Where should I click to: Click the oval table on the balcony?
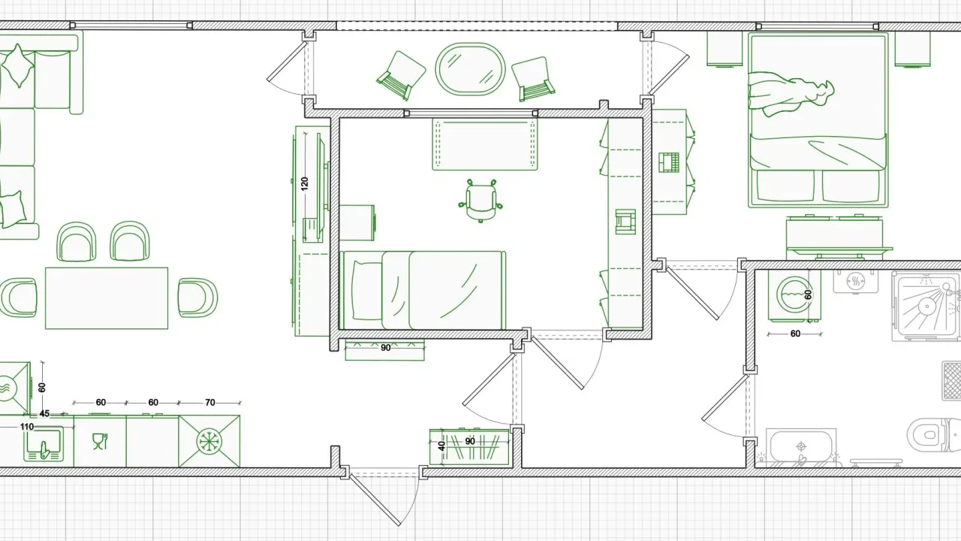tap(470, 68)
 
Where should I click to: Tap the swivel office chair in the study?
tap(480, 201)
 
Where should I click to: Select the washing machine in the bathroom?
tap(794, 296)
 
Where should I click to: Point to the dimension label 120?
tap(304, 184)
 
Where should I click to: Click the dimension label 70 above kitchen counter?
tap(209, 402)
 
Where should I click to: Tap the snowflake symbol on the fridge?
tap(209, 441)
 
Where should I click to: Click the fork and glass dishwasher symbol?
tap(100, 441)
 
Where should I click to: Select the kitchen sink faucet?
tap(44, 451)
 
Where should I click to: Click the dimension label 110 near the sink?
tap(26, 427)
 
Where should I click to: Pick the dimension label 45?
tap(44, 414)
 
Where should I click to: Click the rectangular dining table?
tap(107, 298)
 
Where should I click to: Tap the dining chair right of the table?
tap(197, 298)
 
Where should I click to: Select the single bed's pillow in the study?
tap(367, 290)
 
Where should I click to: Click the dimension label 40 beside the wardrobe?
tap(441, 446)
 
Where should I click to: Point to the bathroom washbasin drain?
tap(801, 446)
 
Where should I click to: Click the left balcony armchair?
tap(401, 76)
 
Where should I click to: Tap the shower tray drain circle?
tap(926, 306)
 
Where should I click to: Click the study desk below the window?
tap(485, 144)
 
